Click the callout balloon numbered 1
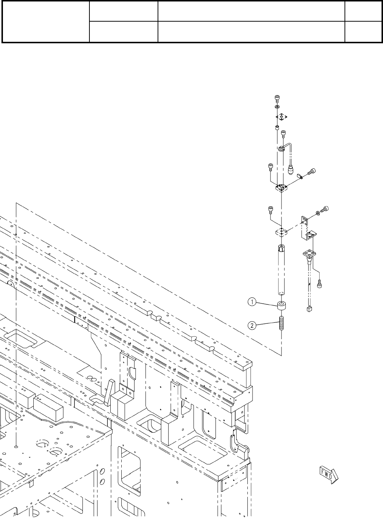point(251,302)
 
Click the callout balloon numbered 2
point(251,325)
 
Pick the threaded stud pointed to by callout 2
point(281,323)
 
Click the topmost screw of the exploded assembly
point(277,98)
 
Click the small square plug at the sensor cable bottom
point(309,309)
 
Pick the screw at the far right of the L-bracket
point(324,210)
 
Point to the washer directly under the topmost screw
point(277,107)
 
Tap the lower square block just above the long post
point(281,231)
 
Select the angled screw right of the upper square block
point(311,171)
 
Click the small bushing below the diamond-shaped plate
point(277,128)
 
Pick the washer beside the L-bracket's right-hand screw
point(317,213)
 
